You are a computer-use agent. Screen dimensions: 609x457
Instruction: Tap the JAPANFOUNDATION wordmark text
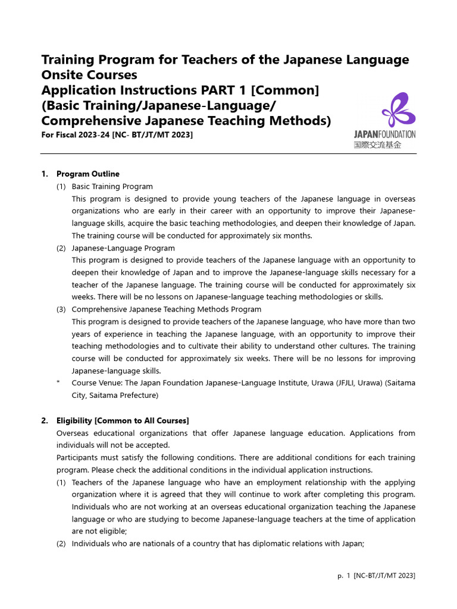point(384,134)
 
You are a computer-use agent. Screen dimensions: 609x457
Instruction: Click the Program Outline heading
point(87,174)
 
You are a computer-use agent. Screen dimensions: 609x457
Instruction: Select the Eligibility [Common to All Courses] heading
point(123,420)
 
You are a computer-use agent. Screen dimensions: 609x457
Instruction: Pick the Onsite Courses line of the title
point(89,75)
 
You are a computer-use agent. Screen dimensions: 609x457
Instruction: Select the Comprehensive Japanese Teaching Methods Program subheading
point(166,309)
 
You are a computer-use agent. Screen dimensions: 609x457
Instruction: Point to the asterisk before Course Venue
point(58,384)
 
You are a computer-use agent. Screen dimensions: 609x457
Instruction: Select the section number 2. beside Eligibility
point(45,420)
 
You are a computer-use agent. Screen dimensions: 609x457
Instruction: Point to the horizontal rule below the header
point(228,154)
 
